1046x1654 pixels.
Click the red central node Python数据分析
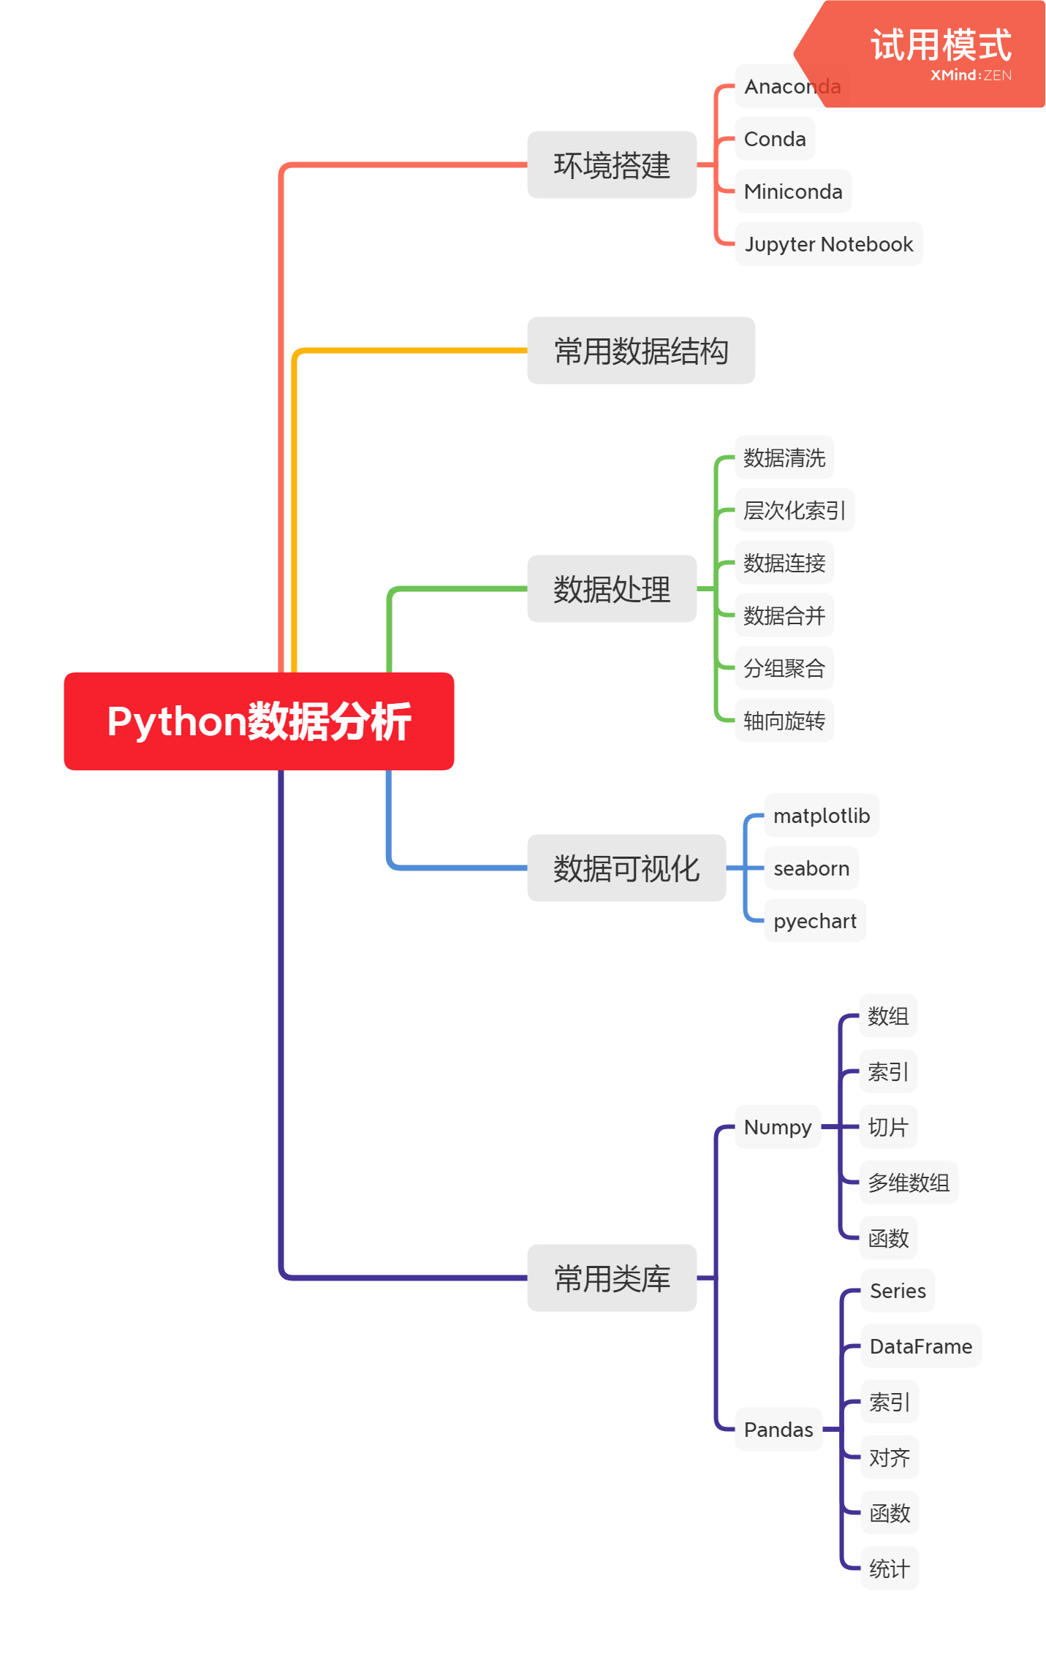pyautogui.click(x=259, y=721)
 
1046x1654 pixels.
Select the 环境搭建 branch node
pyautogui.click(x=612, y=165)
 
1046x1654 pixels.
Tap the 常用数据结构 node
pyautogui.click(x=640, y=351)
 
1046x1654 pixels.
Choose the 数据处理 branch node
pyautogui.click(x=612, y=589)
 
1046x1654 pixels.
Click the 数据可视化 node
pyautogui.click(x=626, y=868)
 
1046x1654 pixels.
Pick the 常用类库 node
pyautogui.click(x=612, y=1278)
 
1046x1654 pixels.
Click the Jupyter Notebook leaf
pyautogui.click(x=828, y=244)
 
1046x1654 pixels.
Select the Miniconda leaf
pyautogui.click(x=793, y=191)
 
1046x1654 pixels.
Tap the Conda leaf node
pyautogui.click(x=775, y=139)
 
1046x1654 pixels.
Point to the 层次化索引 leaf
pyautogui.click(x=794, y=510)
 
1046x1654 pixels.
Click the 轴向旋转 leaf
pyautogui.click(x=784, y=721)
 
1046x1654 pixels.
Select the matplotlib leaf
pyautogui.click(x=822, y=816)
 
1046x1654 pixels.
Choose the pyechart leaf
pyautogui.click(x=815, y=921)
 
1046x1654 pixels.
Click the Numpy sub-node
pyautogui.click(x=778, y=1127)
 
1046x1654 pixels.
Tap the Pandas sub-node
pyautogui.click(x=778, y=1430)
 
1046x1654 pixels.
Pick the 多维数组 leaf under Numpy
pyautogui.click(x=909, y=1183)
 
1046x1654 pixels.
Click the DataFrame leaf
pyautogui.click(x=921, y=1346)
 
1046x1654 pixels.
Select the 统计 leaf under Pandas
pyautogui.click(x=890, y=1568)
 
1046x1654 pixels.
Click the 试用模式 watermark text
pyautogui.click(x=941, y=45)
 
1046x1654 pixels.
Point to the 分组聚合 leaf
pyautogui.click(x=784, y=668)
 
